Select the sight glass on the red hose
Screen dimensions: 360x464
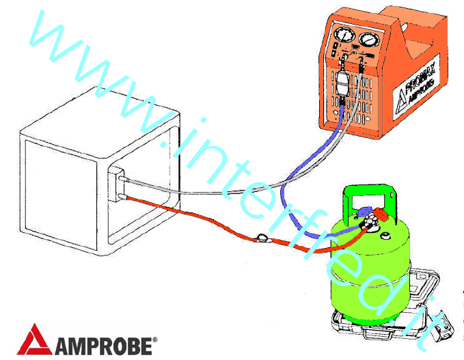[x=261, y=238]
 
